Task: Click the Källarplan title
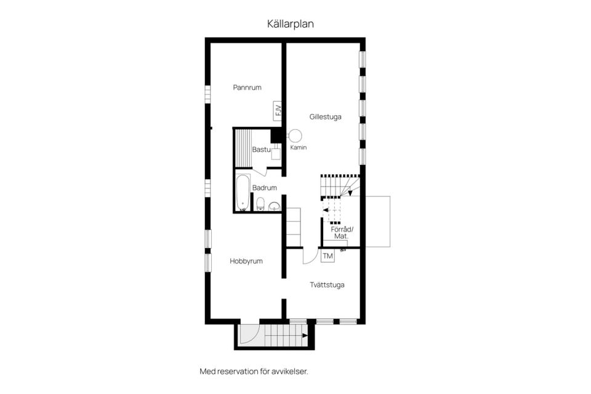[x=290, y=24]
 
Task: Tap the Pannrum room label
[x=247, y=87]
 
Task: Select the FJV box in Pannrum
[x=278, y=111]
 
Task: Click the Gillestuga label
[x=325, y=117]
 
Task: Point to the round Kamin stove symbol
[x=295, y=135]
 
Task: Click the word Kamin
[x=298, y=147]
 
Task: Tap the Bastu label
[x=261, y=150]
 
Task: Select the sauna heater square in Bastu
[x=276, y=153]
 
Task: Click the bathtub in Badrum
[x=243, y=192]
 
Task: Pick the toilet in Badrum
[x=260, y=204]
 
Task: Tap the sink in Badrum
[x=274, y=206]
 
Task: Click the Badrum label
[x=265, y=188]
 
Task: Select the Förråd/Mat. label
[x=342, y=233]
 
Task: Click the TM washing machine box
[x=328, y=256]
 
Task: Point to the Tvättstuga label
[x=327, y=285]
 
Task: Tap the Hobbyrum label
[x=246, y=261]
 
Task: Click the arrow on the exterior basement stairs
[x=303, y=335]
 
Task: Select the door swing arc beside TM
[x=313, y=259]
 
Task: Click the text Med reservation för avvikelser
[x=254, y=371]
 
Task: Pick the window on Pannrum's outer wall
[x=207, y=94]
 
